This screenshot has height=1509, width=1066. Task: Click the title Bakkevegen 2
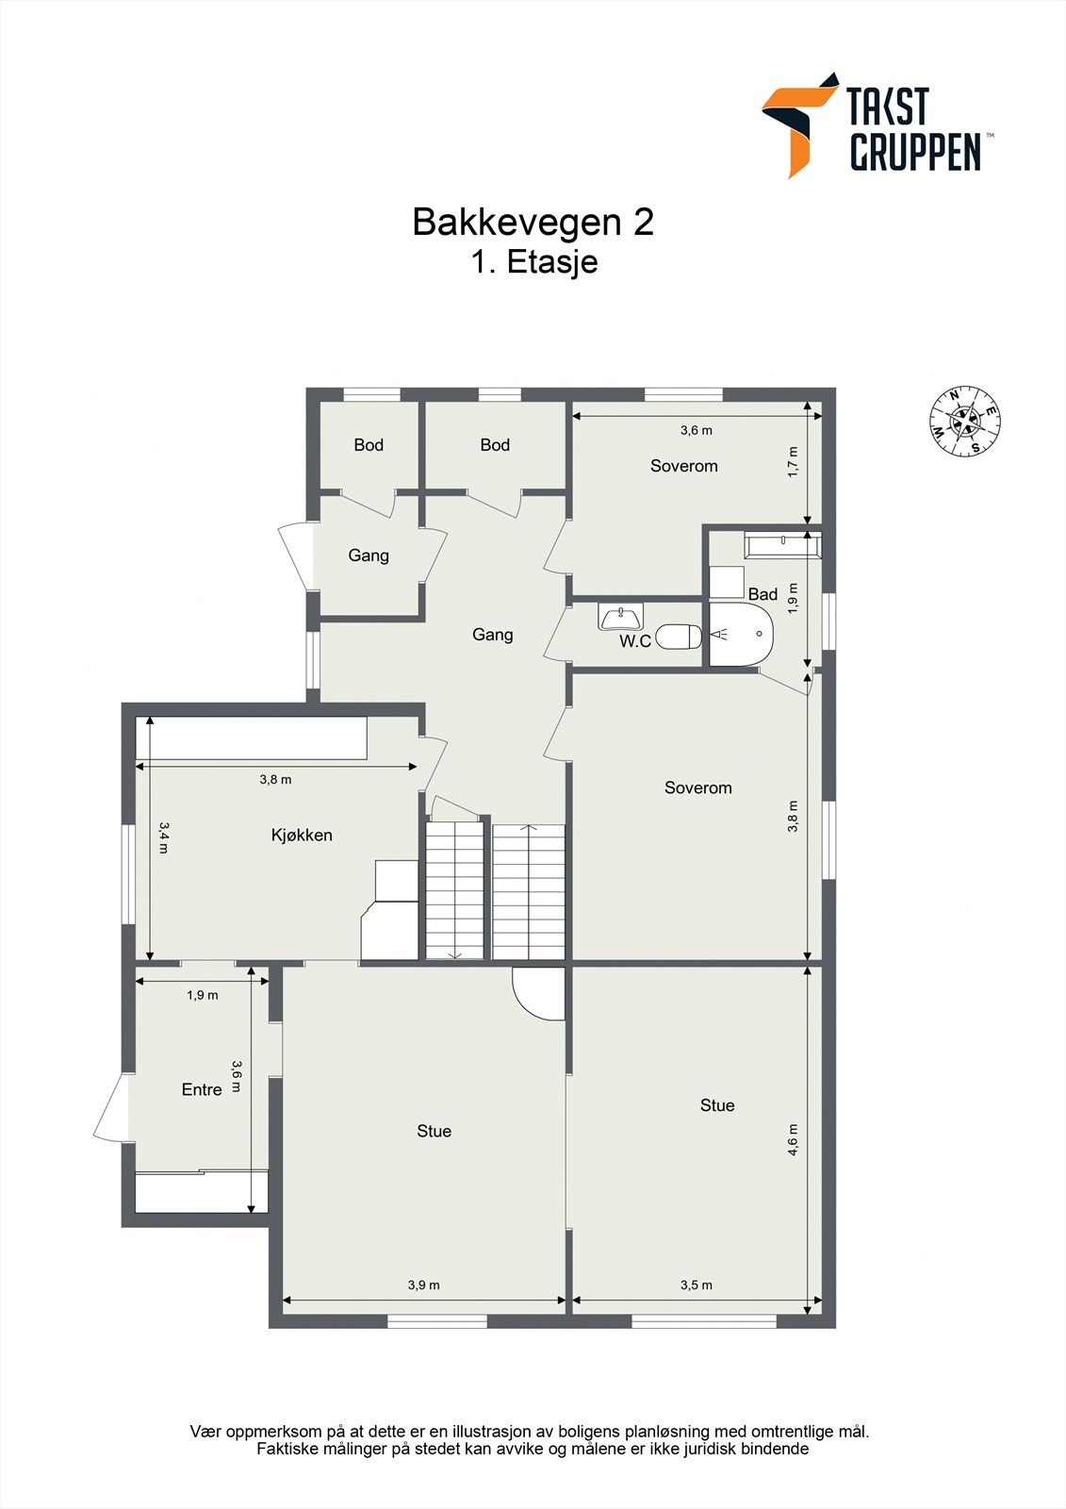point(533,223)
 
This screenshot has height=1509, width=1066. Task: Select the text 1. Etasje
point(534,261)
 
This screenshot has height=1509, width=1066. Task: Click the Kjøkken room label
point(302,835)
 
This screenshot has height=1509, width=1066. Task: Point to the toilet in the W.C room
point(679,637)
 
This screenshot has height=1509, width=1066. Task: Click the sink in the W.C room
point(620,618)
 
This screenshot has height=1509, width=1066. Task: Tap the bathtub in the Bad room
point(782,545)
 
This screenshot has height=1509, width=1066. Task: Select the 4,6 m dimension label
point(793,1139)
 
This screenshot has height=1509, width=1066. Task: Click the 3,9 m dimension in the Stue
point(423,1285)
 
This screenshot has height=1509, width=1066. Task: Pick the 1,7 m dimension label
point(793,462)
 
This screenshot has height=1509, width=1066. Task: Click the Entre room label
point(202,1089)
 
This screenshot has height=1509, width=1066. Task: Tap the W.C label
point(635,641)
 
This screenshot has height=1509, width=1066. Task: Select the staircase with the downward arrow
point(454,890)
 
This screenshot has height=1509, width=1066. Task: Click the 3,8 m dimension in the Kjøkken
point(275,780)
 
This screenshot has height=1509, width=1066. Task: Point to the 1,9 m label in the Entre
point(202,995)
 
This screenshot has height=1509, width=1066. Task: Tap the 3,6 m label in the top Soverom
point(696,430)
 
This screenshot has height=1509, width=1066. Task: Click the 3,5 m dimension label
point(696,1285)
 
